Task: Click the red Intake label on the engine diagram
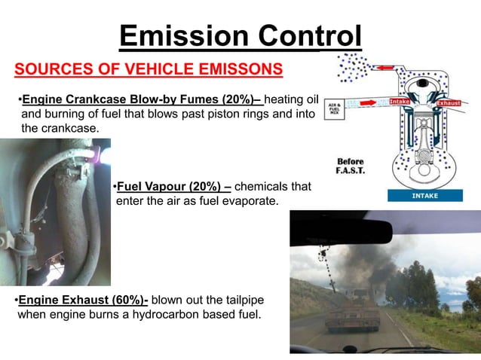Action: tap(400, 102)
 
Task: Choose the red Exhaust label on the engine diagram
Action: tap(448, 102)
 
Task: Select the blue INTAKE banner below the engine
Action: tap(425, 195)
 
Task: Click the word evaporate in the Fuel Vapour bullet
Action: tap(252, 201)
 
